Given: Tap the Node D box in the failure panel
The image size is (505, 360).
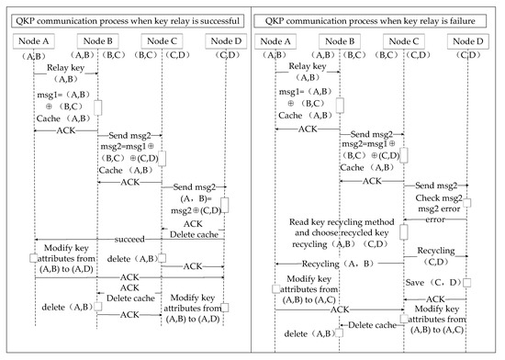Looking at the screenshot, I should click(x=468, y=40).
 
